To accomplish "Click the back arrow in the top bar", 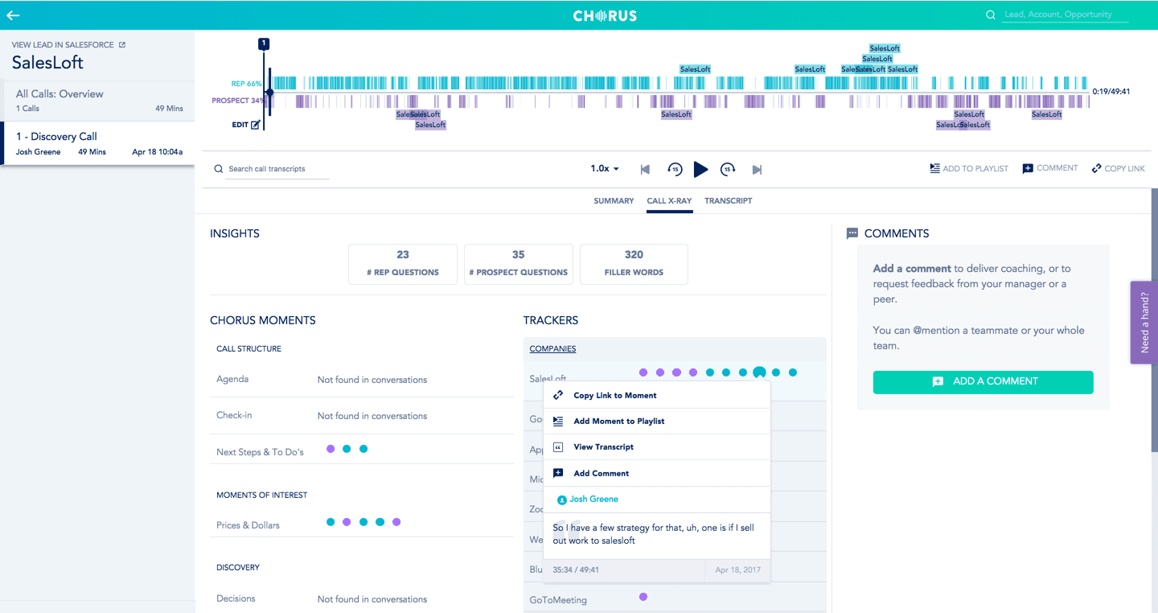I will click(13, 15).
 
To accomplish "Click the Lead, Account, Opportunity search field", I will click(1064, 15).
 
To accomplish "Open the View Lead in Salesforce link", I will click(68, 45).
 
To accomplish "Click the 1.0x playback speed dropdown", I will click(605, 169).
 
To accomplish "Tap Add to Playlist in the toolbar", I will click(968, 169).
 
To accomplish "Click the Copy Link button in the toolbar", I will click(1118, 169).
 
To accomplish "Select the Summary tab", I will click(614, 201).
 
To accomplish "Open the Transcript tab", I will click(728, 201).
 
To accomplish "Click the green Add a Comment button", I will click(983, 381).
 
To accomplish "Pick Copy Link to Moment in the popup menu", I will click(614, 396).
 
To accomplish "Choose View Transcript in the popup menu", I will click(603, 447).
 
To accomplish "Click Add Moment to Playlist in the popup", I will click(618, 422).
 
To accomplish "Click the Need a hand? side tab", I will click(1144, 322).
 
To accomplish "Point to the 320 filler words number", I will click(634, 255).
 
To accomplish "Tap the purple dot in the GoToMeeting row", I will click(643, 597).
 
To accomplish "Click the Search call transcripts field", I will click(273, 169).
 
